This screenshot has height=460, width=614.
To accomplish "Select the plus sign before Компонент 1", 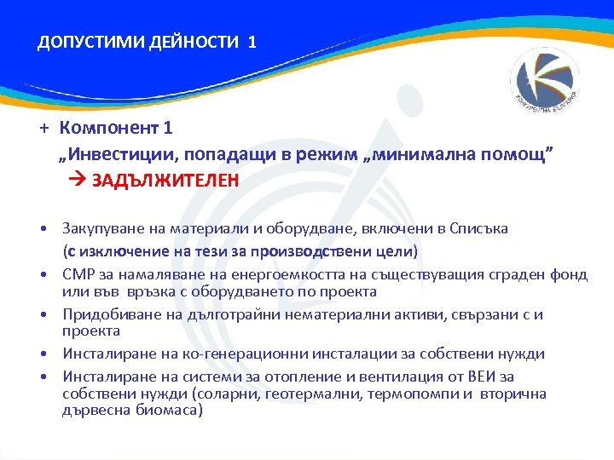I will click(x=41, y=128).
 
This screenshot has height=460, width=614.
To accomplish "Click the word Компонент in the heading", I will click(x=109, y=128).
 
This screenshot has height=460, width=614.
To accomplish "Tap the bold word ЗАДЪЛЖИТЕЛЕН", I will click(x=165, y=181).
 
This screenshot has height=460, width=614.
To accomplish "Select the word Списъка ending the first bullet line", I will click(x=478, y=228).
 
